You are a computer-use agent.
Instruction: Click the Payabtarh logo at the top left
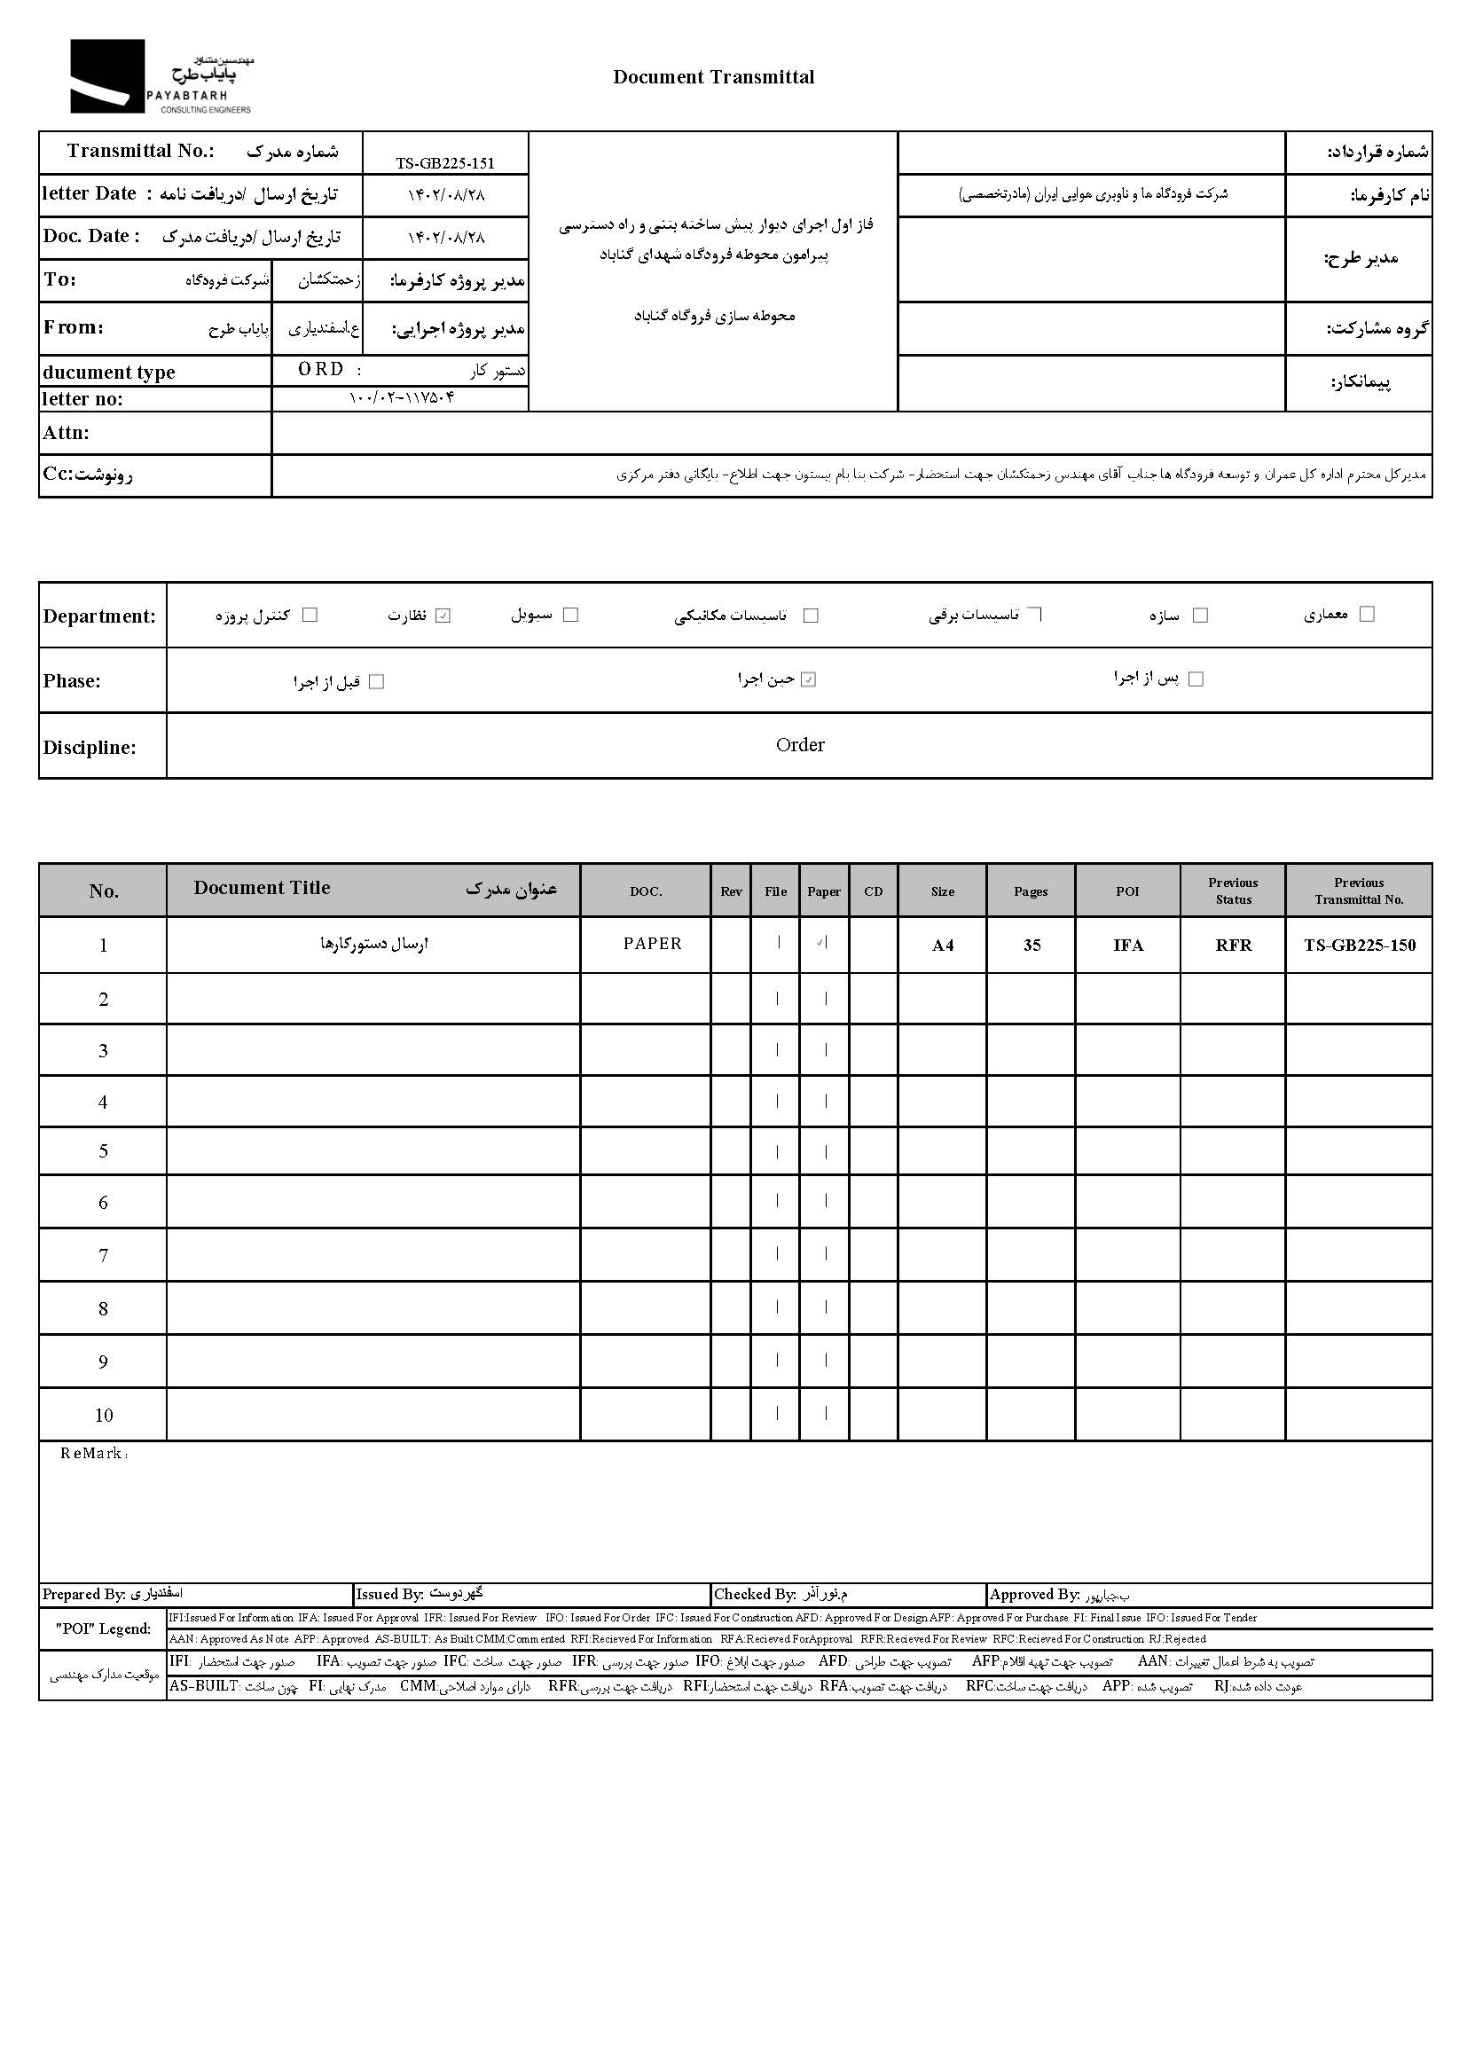(161, 78)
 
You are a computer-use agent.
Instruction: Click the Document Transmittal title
(713, 78)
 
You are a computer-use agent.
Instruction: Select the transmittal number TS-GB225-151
(445, 163)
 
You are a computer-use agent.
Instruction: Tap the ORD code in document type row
(321, 370)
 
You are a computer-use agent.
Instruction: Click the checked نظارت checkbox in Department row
(443, 616)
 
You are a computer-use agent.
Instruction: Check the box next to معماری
(1367, 614)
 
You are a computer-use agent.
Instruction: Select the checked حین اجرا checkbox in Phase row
(809, 680)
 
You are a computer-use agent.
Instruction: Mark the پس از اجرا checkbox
(1196, 679)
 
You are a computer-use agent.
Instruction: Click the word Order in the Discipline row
(799, 745)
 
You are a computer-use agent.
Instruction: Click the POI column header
(1127, 891)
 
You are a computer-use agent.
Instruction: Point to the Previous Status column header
(1233, 891)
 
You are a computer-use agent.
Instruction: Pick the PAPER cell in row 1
(652, 944)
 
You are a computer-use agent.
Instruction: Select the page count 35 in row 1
(1032, 946)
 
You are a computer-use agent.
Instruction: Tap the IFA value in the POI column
(1128, 946)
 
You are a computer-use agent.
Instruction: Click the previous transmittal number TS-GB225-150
(1360, 946)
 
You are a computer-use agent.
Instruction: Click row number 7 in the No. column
(103, 1256)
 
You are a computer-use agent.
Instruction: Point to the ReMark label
(94, 1454)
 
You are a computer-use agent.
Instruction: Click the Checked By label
(754, 1594)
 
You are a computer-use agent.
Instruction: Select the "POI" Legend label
(103, 1628)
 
